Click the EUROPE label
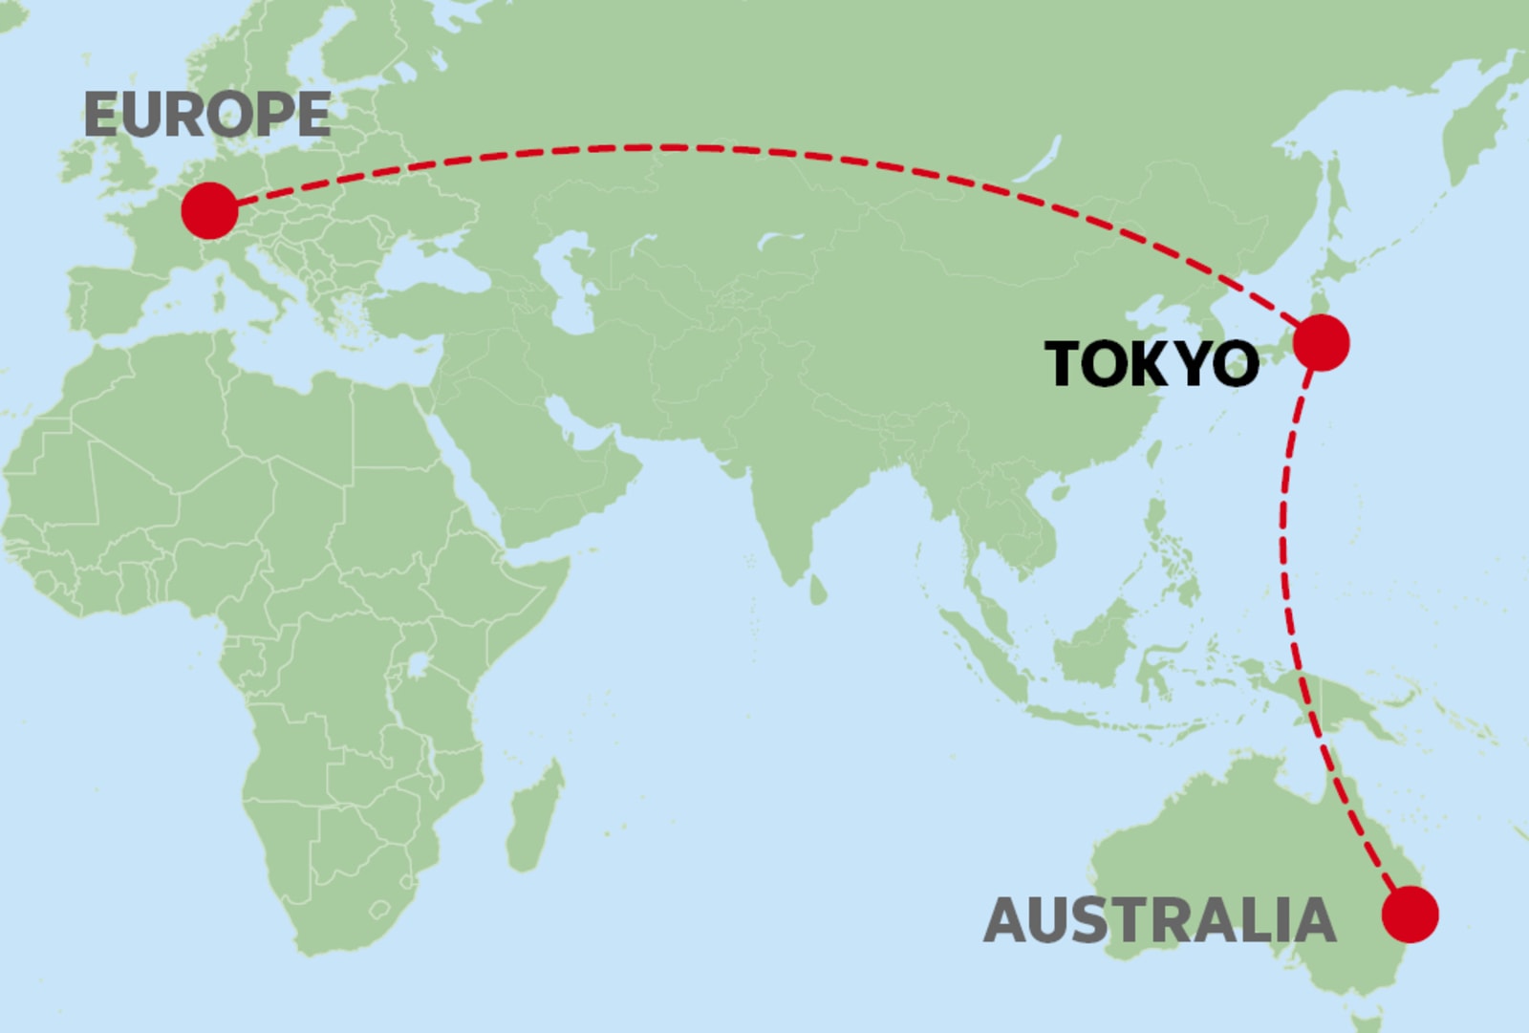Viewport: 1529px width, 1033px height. click(207, 115)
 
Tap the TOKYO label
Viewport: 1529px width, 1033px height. click(1152, 364)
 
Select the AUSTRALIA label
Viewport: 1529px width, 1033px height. click(1159, 919)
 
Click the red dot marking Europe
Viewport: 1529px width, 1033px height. click(209, 210)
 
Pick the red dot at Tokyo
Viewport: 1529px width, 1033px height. click(1321, 342)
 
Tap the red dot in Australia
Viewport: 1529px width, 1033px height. click(1410, 914)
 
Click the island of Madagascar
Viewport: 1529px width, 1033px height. click(531, 822)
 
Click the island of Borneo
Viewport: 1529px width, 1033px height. click(1099, 640)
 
